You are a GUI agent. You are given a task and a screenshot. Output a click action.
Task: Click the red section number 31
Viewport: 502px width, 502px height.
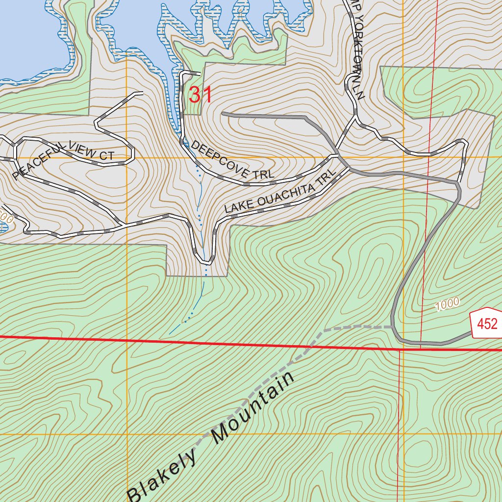tap(201, 95)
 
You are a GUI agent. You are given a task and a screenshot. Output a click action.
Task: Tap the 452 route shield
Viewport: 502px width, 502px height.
tap(487, 324)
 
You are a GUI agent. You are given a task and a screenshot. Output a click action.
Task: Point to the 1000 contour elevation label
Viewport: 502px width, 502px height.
tap(447, 304)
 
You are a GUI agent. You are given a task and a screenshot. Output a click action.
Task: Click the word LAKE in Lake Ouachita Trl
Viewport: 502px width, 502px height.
tap(234, 207)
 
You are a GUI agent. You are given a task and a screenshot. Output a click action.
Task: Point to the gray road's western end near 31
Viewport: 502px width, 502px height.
tap(223, 114)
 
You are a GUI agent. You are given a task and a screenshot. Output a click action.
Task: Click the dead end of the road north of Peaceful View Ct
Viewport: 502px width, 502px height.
tap(142, 92)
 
